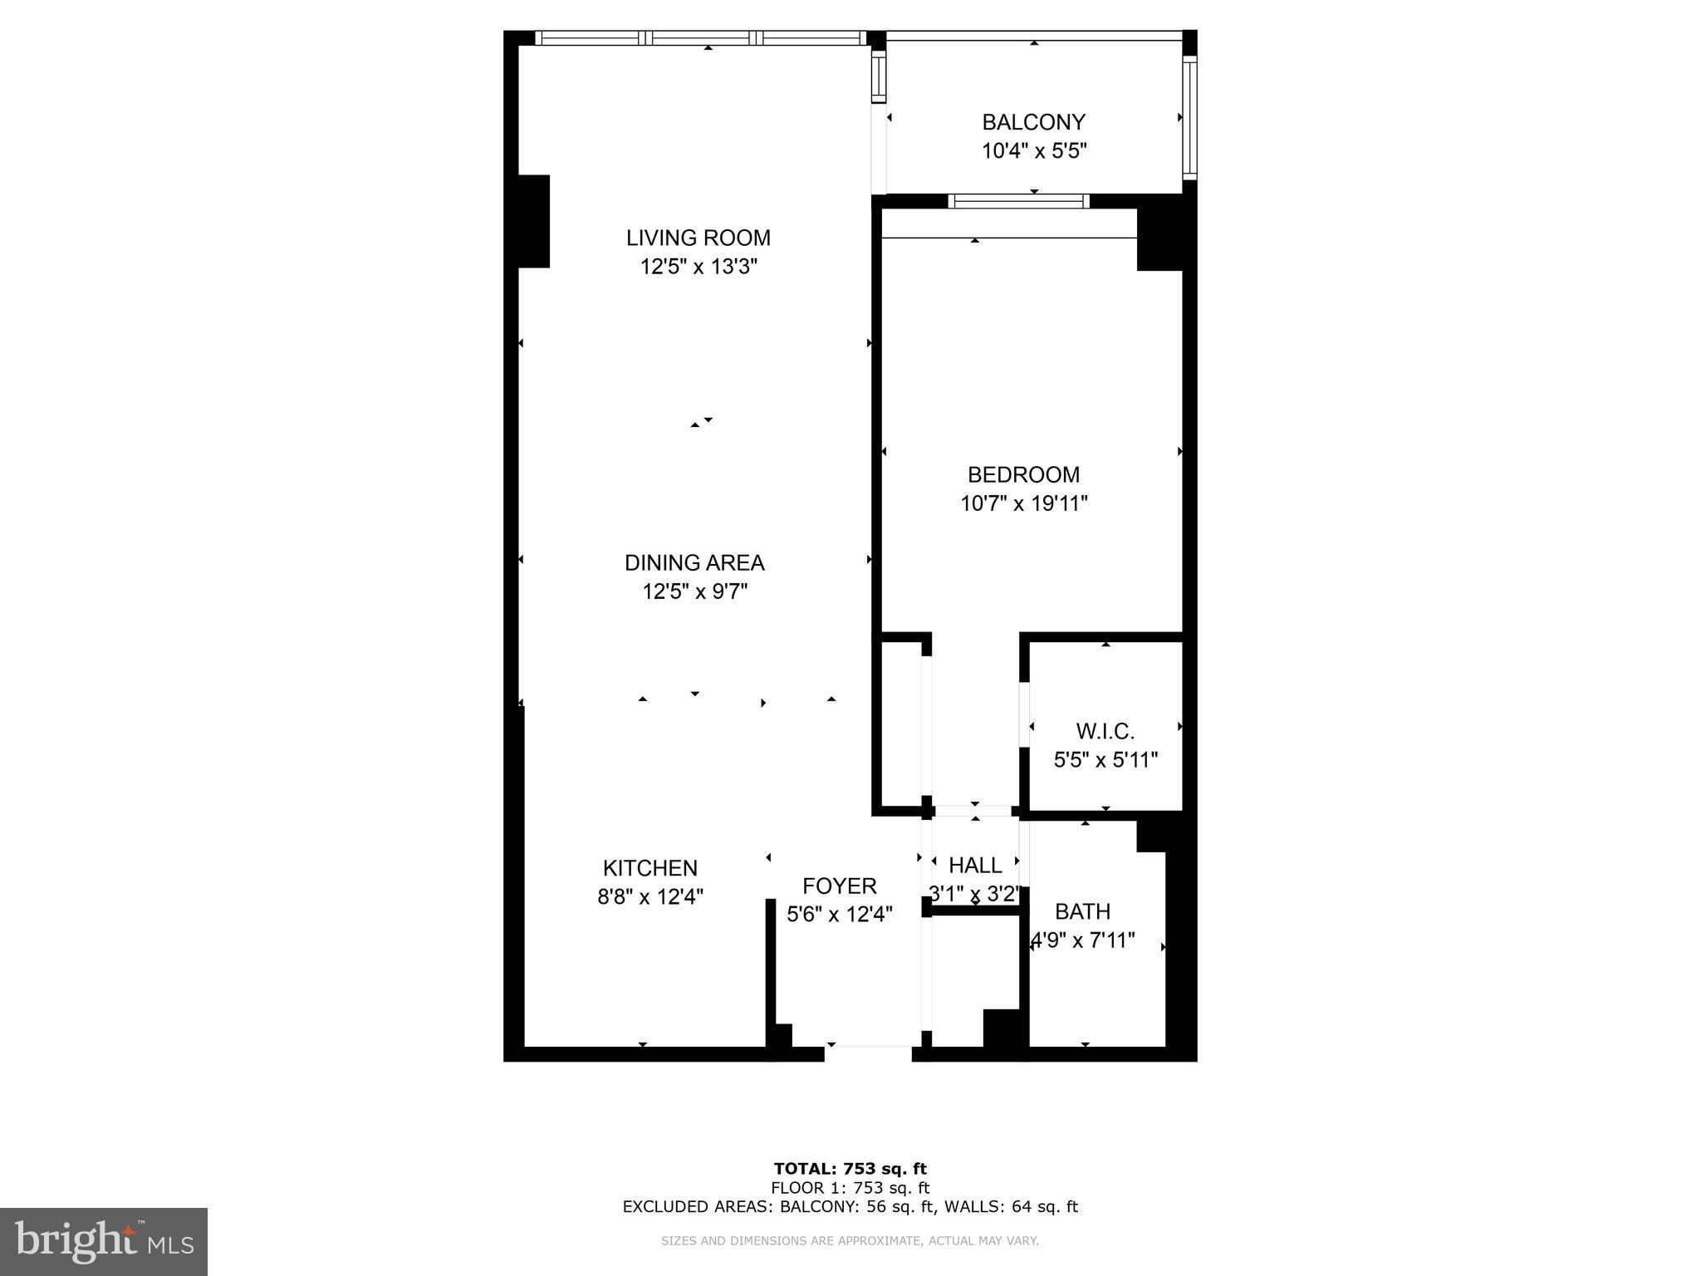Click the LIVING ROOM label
pyautogui.click(x=698, y=238)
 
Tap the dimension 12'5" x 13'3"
pyautogui.click(x=698, y=267)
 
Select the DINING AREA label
pyautogui.click(x=694, y=562)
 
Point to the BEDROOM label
pyautogui.click(x=1023, y=474)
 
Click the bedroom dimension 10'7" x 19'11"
pyautogui.click(x=1023, y=503)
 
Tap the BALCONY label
pyautogui.click(x=1033, y=122)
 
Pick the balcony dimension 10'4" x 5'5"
pyautogui.click(x=1033, y=151)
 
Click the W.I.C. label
pyautogui.click(x=1105, y=731)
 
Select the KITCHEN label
pyautogui.click(x=650, y=868)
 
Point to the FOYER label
pyautogui.click(x=839, y=886)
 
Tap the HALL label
pyautogui.click(x=974, y=865)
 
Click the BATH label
pyautogui.click(x=1082, y=911)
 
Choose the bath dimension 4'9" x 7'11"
pyautogui.click(x=1082, y=940)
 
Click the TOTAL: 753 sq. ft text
pyautogui.click(x=850, y=1169)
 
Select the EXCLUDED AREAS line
pyautogui.click(x=850, y=1206)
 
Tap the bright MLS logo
pyautogui.click(x=104, y=1241)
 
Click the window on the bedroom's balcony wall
pyautogui.click(x=1018, y=201)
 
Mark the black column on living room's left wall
pyautogui.click(x=533, y=221)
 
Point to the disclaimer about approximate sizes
pyautogui.click(x=850, y=1241)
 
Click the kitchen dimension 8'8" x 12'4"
pyautogui.click(x=650, y=897)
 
